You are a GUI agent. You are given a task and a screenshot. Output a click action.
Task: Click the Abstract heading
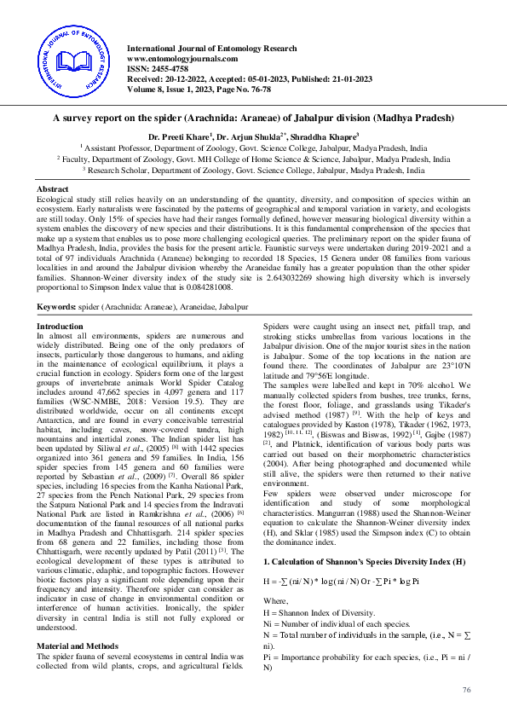(52, 188)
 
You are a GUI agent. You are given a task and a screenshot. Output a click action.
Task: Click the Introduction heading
(60, 327)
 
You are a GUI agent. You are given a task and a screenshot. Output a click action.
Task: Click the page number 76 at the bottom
(466, 689)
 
